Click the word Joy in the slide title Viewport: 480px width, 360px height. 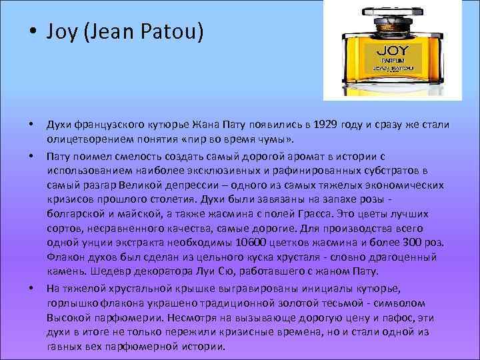(x=61, y=31)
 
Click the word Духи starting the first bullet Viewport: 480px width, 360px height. (x=59, y=127)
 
